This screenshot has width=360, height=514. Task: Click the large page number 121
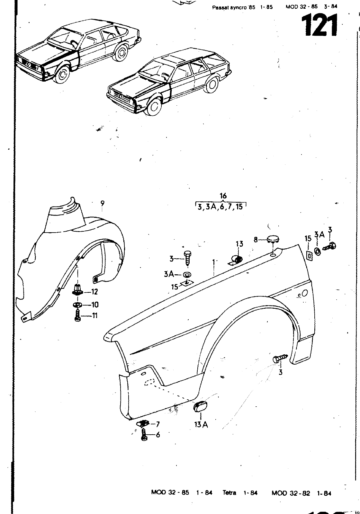click(x=319, y=26)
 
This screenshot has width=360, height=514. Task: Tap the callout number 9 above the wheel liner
click(x=102, y=203)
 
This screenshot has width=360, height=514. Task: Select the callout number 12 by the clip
click(x=94, y=292)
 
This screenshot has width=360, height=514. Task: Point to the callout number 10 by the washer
click(x=95, y=305)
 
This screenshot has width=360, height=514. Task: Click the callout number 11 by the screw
click(x=94, y=316)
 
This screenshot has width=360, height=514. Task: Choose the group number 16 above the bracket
click(x=223, y=196)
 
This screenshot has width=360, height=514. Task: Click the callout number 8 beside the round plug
click(x=256, y=239)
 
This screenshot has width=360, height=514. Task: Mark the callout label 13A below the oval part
click(x=201, y=425)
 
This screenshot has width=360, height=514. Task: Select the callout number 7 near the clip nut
click(x=157, y=424)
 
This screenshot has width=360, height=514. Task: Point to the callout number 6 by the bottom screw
click(x=157, y=435)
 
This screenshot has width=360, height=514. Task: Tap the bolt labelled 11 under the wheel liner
click(x=77, y=315)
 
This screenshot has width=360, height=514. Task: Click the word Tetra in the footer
click(x=230, y=493)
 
